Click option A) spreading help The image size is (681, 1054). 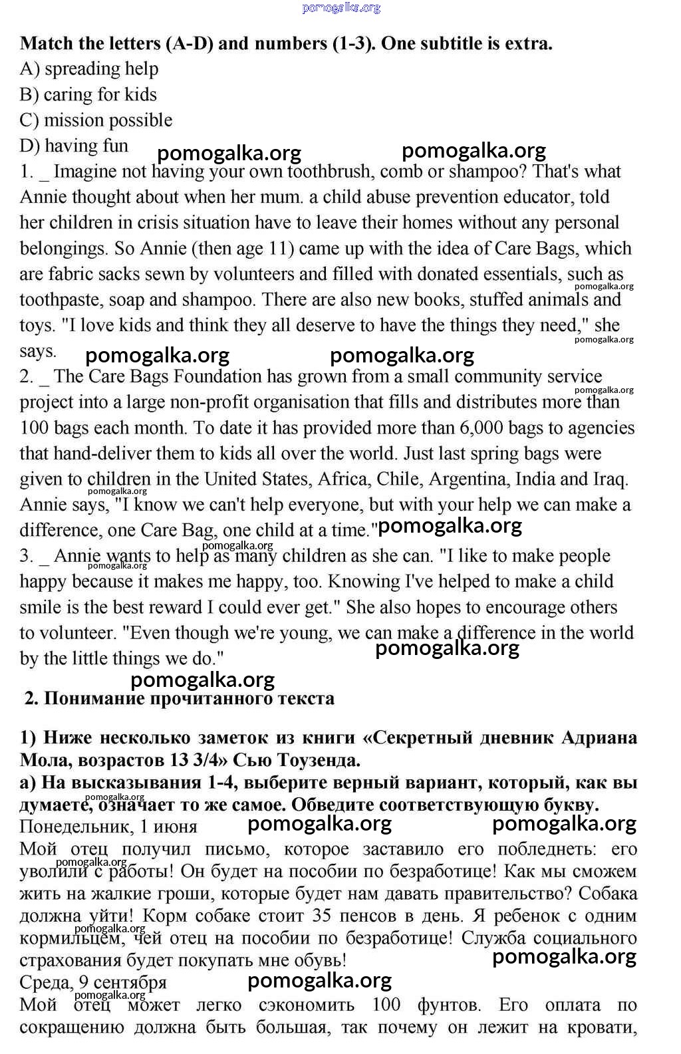89,68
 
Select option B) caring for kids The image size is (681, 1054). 88,94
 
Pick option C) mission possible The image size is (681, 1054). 96,120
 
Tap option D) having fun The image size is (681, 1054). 74,146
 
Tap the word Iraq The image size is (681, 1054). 611,479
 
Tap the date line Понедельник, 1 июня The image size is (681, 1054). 108,827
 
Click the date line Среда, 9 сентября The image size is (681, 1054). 93,982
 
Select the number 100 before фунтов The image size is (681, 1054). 386,1005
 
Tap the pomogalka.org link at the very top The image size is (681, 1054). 341,7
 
